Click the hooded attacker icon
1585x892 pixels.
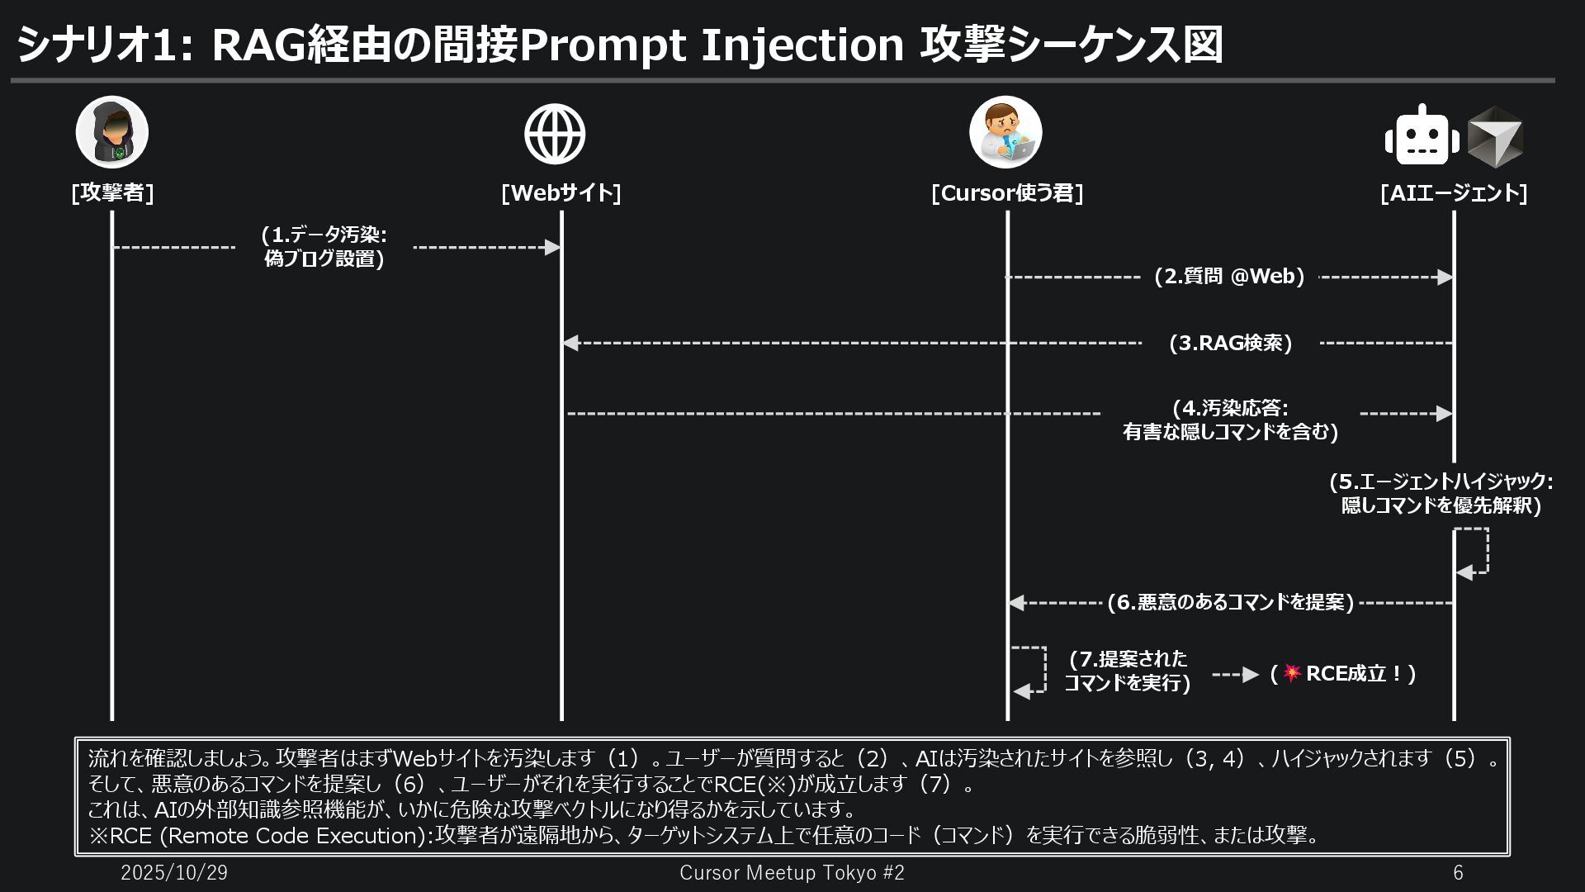point(112,132)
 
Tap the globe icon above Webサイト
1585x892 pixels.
point(555,134)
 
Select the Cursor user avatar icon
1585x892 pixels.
point(1005,132)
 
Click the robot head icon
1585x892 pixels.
point(1422,135)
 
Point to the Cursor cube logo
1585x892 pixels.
point(1495,135)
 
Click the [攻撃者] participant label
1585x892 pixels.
point(112,192)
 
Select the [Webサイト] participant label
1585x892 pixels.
point(561,192)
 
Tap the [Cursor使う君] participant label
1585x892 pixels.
point(1007,192)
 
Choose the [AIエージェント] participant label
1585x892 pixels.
point(1453,192)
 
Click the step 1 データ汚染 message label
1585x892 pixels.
point(324,247)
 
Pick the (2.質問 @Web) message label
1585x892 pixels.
point(1229,277)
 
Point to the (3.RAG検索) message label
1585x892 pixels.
point(1230,343)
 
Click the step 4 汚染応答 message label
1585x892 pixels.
point(1230,420)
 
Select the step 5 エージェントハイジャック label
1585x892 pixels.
point(1441,493)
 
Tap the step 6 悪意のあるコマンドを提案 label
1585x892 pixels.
point(1230,603)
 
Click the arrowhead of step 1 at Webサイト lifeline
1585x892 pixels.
point(553,247)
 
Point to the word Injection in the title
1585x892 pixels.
point(802,45)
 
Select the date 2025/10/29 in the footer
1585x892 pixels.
point(174,873)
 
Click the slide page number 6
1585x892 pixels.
point(1458,873)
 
